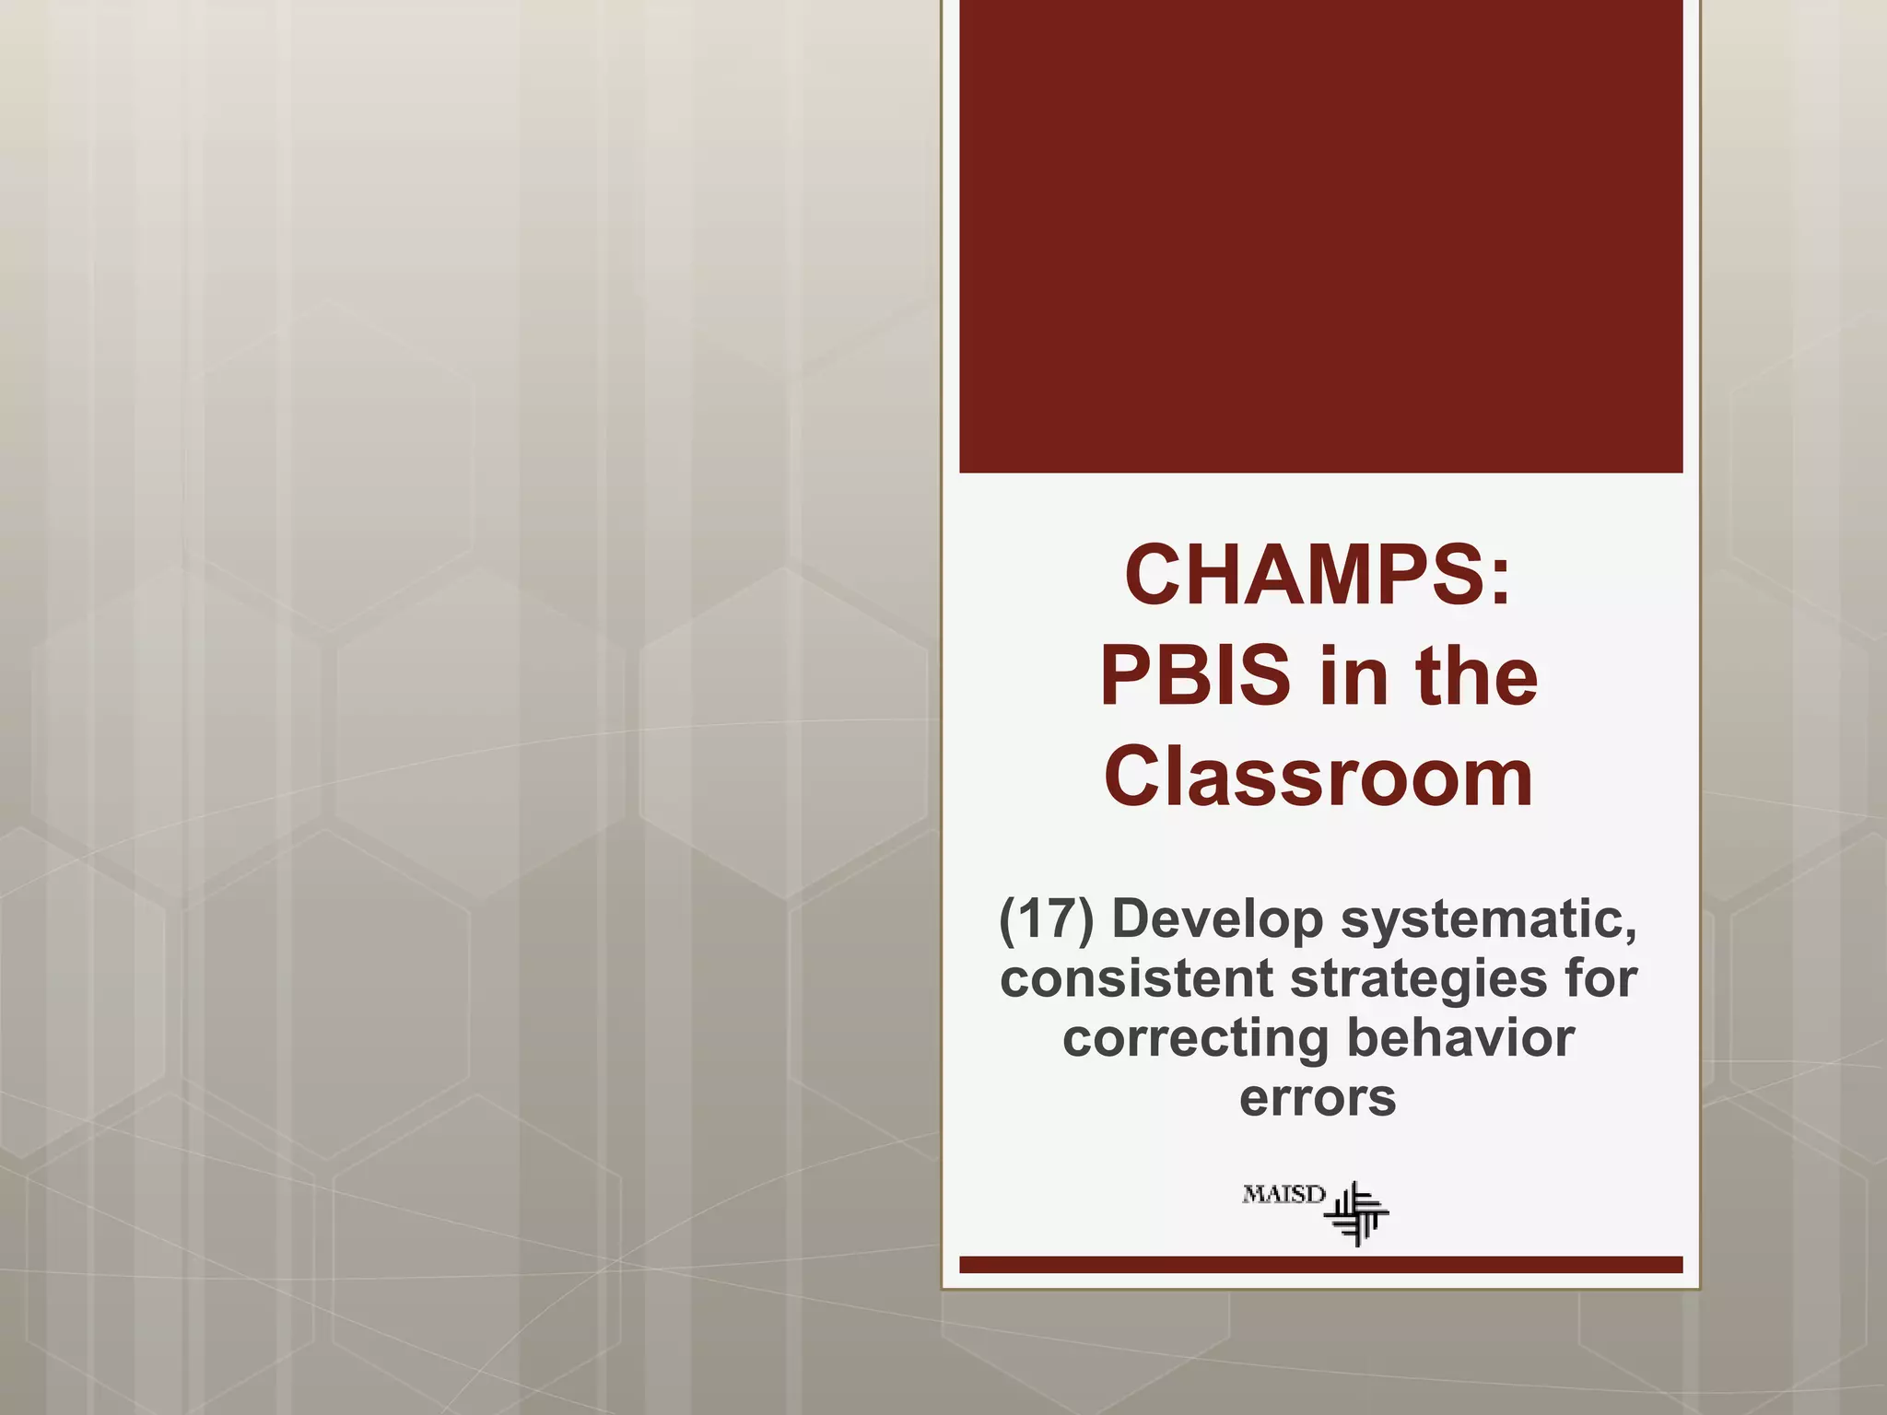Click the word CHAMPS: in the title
point(1318,575)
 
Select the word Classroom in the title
point(1319,778)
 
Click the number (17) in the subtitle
point(1047,919)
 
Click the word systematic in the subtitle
point(1489,919)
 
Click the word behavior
point(1460,1037)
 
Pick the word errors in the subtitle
point(1318,1098)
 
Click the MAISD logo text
point(1283,1195)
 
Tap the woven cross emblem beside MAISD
point(1357,1214)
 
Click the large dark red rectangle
point(1320,236)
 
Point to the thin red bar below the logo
point(1320,1265)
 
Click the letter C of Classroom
point(1135,778)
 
